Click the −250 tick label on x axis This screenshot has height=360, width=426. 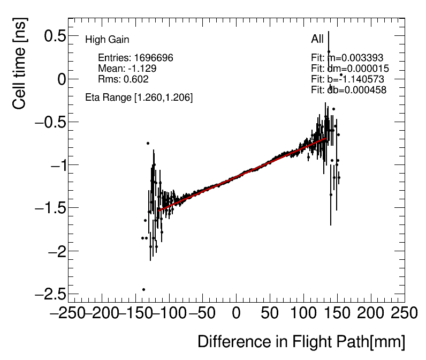[x=69, y=313]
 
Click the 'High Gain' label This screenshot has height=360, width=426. [x=107, y=40]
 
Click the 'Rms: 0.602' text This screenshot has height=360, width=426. [x=123, y=79]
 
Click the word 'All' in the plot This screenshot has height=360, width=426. [x=317, y=39]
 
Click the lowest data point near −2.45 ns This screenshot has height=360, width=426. [x=143, y=289]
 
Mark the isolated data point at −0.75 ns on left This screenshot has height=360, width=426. [x=148, y=143]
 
